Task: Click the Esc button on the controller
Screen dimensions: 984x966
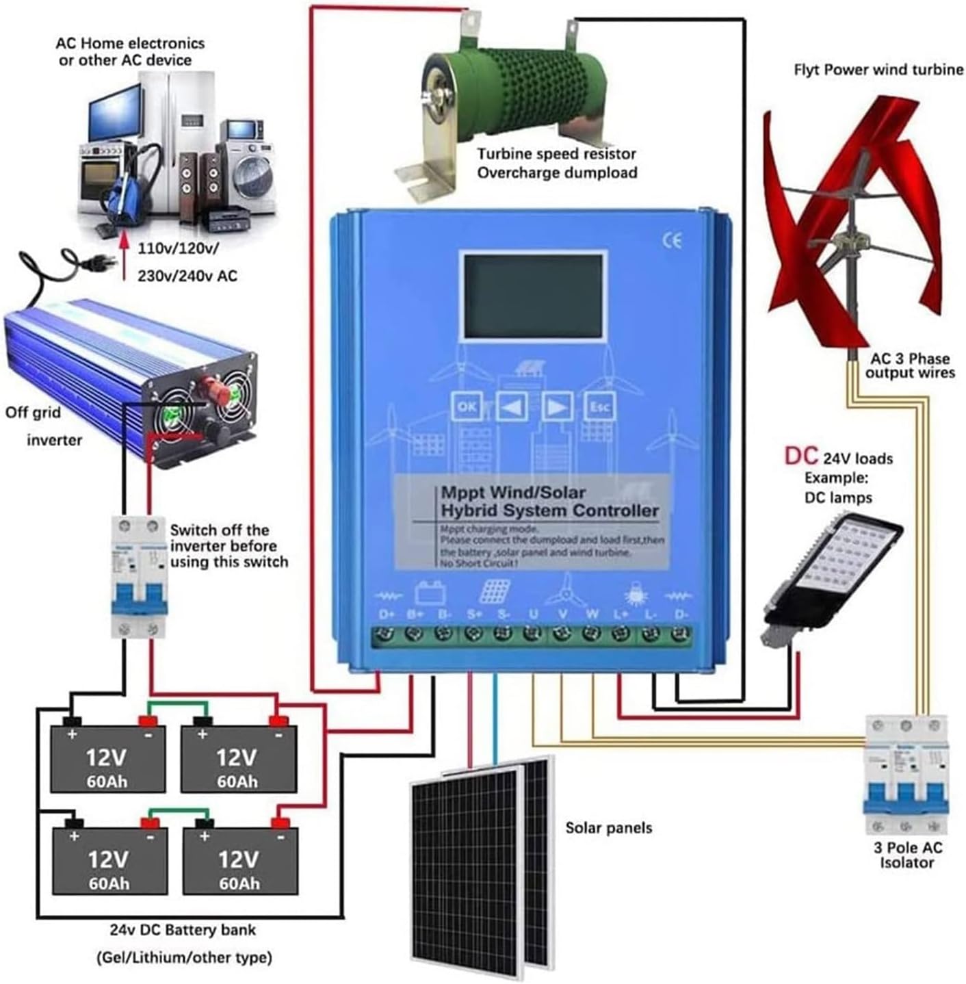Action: (599, 407)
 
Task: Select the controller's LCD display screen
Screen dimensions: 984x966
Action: (534, 297)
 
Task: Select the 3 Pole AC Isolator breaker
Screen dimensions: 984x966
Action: (906, 773)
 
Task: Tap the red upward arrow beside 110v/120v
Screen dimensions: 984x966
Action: (125, 257)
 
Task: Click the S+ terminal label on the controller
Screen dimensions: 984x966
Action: (475, 614)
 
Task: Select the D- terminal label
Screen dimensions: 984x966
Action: (681, 614)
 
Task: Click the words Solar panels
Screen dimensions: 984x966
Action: (608, 828)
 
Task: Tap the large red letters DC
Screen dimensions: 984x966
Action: (801, 456)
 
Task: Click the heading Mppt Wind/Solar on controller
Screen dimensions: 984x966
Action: (513, 493)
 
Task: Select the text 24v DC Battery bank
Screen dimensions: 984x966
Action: (183, 930)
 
